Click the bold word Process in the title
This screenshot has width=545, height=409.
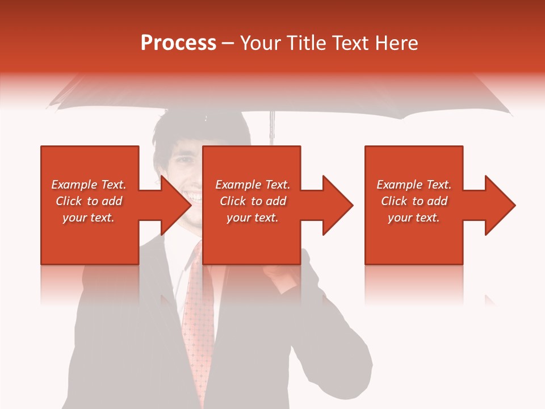[x=178, y=43]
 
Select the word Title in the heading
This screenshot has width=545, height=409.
[x=306, y=43]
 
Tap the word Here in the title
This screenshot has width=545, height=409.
[x=397, y=43]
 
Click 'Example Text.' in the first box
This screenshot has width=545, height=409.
[x=89, y=185]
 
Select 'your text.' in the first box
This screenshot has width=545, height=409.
[x=89, y=218]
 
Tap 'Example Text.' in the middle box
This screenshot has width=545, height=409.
[x=253, y=185]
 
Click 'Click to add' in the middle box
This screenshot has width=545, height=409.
[x=253, y=201]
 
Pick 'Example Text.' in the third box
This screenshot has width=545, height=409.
[x=414, y=185]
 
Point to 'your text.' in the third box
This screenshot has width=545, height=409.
[x=414, y=218]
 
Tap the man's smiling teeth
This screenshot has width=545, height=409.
[x=194, y=197]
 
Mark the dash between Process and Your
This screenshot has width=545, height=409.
[x=228, y=44]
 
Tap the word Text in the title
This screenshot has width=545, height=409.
[x=348, y=43]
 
